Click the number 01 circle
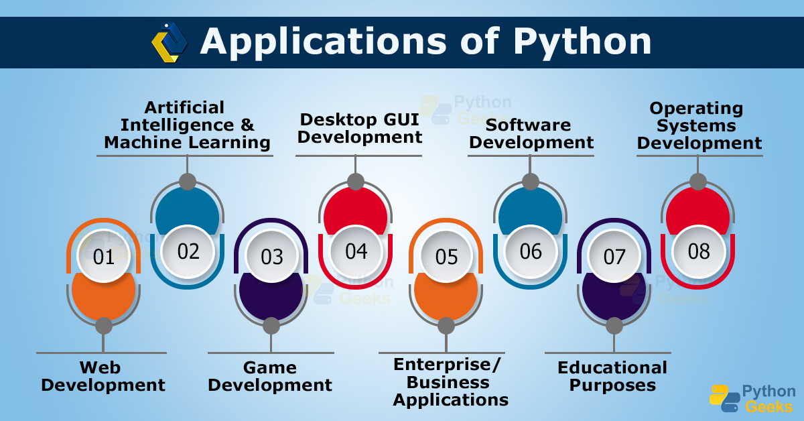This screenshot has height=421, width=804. click(104, 257)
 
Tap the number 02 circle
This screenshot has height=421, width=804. click(188, 251)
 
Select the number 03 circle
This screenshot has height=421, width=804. click(272, 257)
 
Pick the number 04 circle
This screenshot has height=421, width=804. click(356, 251)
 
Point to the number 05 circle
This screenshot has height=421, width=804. click(446, 257)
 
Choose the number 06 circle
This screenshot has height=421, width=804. click(530, 251)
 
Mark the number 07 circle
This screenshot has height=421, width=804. click(614, 257)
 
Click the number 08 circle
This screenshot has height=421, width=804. click(698, 251)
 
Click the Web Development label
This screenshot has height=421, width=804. click(103, 376)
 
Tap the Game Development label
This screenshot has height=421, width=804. click(270, 376)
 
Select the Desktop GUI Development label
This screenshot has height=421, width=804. click(360, 128)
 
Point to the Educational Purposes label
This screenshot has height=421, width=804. click(612, 376)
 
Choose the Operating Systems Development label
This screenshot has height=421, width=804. click(699, 125)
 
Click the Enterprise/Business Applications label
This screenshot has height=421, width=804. click(450, 382)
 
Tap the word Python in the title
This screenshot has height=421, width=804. click(582, 42)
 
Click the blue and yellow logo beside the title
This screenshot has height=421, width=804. click(170, 42)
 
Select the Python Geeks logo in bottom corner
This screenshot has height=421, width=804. click(752, 398)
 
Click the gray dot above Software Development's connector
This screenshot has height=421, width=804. click(530, 182)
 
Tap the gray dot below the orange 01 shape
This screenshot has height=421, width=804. click(104, 326)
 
